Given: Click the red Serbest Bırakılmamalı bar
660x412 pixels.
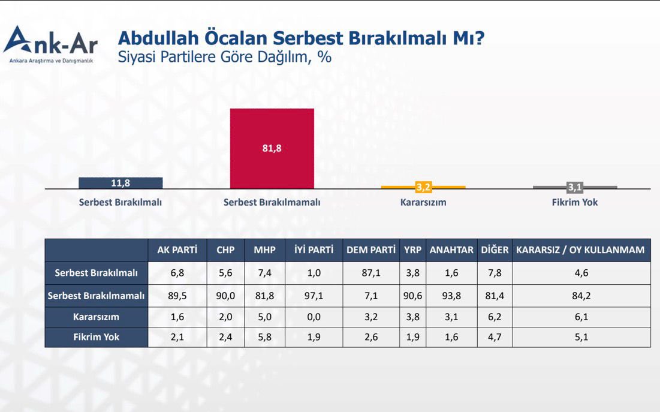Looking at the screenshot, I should pyautogui.click(x=272, y=149).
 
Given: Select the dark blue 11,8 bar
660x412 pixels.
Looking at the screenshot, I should pyautogui.click(x=120, y=183).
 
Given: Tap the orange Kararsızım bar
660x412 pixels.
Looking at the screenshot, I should pyautogui.click(x=423, y=187).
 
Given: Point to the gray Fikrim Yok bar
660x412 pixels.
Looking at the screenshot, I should pyautogui.click(x=575, y=187).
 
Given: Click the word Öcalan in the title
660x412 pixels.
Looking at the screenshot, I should pyautogui.click(x=236, y=39).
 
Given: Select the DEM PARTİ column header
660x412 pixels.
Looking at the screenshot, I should pyautogui.click(x=371, y=250).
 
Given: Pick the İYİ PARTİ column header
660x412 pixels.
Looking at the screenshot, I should pyautogui.click(x=314, y=250).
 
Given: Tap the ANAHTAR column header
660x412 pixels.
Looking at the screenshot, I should pyautogui.click(x=451, y=250).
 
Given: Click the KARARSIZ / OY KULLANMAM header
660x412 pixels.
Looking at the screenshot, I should pyautogui.click(x=580, y=250).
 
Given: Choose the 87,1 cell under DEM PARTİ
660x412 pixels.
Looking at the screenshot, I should pyautogui.click(x=371, y=273).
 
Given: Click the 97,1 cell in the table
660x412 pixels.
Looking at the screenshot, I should pyautogui.click(x=314, y=296).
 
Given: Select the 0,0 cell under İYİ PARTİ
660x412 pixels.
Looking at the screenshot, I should pyautogui.click(x=314, y=317).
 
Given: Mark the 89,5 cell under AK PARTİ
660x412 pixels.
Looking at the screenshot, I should pyautogui.click(x=177, y=296).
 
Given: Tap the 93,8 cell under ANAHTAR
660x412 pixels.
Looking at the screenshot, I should pyautogui.click(x=451, y=296).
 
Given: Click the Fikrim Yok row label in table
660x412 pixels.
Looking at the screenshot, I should pyautogui.click(x=96, y=337).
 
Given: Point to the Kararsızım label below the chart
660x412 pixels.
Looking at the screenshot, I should pyautogui.click(x=423, y=203).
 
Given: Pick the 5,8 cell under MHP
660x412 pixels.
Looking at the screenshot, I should pyautogui.click(x=264, y=337).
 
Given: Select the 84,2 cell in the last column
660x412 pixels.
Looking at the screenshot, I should pyautogui.click(x=580, y=296).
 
